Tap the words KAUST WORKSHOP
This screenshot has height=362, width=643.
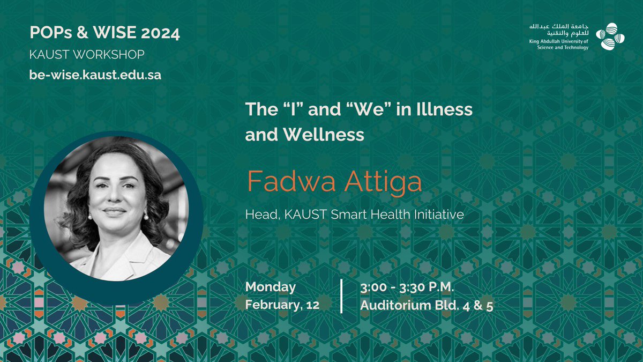pos(87,55)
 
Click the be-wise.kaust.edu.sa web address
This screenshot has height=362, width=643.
pos(95,75)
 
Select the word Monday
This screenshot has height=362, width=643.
pos(271,287)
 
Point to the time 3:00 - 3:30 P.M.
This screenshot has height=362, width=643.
pos(408,287)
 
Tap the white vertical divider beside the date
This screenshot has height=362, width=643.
pos(342,296)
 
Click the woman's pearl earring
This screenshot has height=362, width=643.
pos(145,217)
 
